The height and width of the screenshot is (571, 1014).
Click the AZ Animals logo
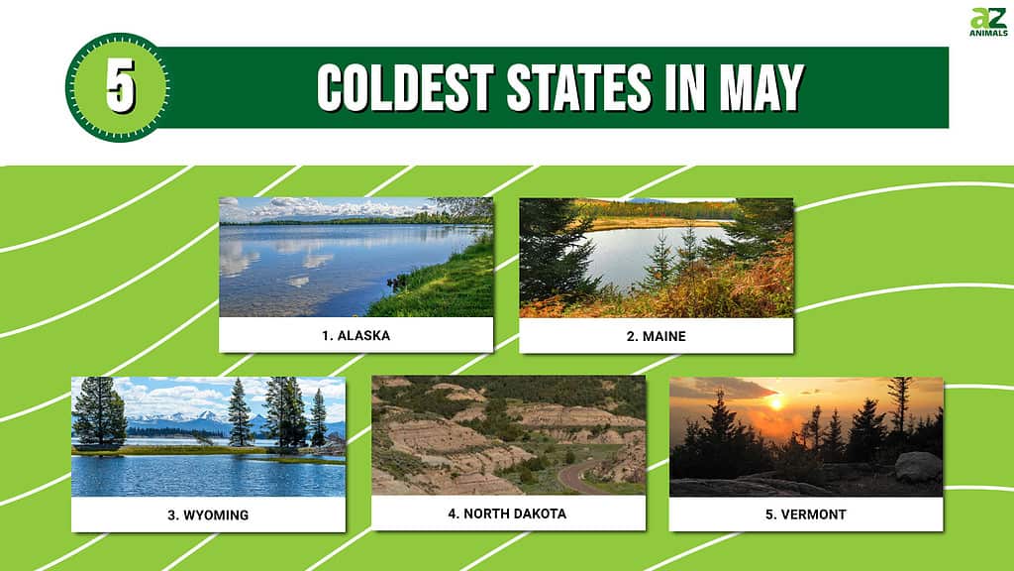[x=988, y=22]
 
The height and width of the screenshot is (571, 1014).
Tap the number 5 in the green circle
[x=121, y=86]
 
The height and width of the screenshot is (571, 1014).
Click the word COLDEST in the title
[x=405, y=87]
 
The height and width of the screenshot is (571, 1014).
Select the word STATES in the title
[x=578, y=87]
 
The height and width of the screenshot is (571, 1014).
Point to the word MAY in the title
[x=761, y=87]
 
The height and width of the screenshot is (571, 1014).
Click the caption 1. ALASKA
[x=355, y=335]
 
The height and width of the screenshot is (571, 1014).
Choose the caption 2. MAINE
[x=656, y=336]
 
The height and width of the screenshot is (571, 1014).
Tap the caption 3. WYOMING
[x=208, y=515]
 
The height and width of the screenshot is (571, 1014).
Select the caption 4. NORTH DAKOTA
[x=507, y=514]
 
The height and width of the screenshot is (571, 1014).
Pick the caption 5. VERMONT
[x=806, y=514]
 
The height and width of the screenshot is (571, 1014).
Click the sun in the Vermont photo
[x=776, y=404]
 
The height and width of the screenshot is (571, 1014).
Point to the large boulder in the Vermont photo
[x=918, y=467]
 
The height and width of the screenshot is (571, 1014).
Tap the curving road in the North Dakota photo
[x=577, y=477]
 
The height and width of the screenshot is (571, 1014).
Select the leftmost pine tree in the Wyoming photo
[x=99, y=411]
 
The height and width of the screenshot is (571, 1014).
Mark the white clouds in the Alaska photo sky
[x=337, y=208]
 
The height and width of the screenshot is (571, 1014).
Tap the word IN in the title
[x=685, y=87]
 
